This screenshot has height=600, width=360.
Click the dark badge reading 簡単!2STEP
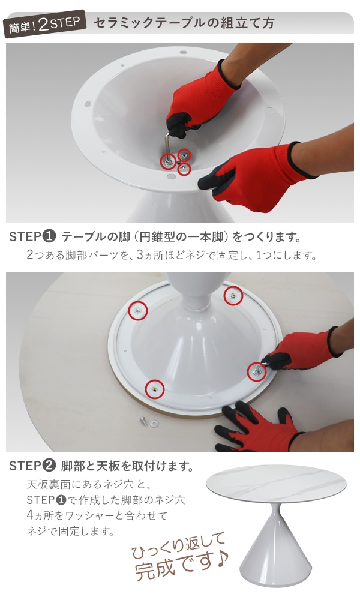[x=45, y=24]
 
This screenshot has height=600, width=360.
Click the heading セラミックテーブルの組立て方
[x=184, y=23]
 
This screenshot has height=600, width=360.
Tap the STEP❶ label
[x=33, y=237]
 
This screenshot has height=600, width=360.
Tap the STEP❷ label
[x=33, y=466]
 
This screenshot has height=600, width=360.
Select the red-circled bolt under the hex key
[x=169, y=161]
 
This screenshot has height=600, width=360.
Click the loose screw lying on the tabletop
[x=143, y=420]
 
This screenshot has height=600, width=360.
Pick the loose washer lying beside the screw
[x=154, y=424]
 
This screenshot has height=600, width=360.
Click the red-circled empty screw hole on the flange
[x=155, y=389]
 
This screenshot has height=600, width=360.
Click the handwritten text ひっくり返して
[x=178, y=545]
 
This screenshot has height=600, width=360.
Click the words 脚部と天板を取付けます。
[x=127, y=466]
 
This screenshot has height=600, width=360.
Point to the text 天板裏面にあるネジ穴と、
[x=89, y=484]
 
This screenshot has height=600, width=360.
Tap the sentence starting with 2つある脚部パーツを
[x=172, y=254]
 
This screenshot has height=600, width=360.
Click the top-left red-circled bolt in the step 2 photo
[x=138, y=310]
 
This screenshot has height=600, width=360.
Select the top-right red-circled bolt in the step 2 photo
[x=233, y=295]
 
